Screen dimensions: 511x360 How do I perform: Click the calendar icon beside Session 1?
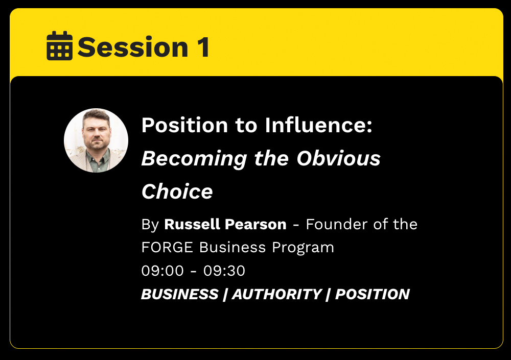coord(60,45)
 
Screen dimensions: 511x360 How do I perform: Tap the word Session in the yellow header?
coord(133,47)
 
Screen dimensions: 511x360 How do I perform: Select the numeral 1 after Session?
coord(203,47)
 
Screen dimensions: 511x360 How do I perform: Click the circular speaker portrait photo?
coord(96,140)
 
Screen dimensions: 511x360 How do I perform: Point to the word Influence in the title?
coord(318,125)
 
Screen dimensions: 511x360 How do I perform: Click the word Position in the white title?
coord(185,125)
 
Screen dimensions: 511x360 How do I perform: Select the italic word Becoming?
coord(194,159)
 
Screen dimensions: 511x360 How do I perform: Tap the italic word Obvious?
coord(339,158)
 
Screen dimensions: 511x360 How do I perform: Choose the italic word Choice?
coord(177,191)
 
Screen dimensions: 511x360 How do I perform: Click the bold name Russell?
coord(192,224)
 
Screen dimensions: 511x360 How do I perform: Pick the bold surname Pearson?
coord(255,224)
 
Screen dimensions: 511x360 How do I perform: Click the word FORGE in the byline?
coord(167,247)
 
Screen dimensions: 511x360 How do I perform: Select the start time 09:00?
coord(162,271)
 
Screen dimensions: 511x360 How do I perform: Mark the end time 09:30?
coord(224,271)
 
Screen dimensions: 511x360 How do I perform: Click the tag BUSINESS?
coord(180,294)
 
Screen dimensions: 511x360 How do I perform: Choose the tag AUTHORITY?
coord(277,294)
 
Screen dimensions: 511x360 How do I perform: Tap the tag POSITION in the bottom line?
coord(373,294)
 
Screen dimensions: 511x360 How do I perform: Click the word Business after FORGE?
coord(233,247)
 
